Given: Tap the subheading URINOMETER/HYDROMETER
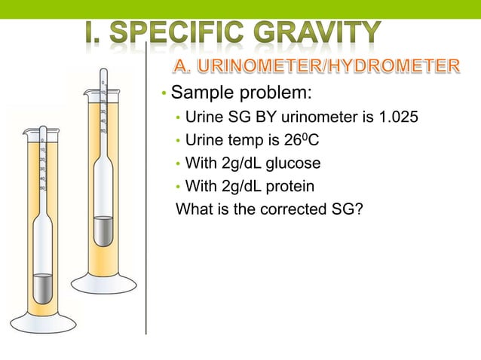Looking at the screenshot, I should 317,67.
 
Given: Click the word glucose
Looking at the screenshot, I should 294,163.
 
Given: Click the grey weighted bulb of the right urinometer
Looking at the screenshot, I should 103,230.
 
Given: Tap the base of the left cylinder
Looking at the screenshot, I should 43,324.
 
